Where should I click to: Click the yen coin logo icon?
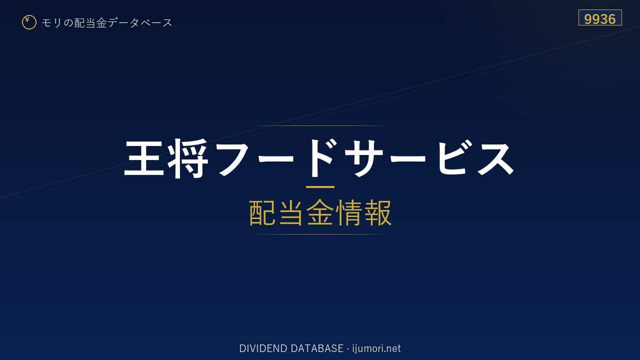(x=29, y=22)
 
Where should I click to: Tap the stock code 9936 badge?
(x=600, y=17)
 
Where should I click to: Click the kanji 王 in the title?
(x=144, y=158)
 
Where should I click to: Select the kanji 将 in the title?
(x=187, y=158)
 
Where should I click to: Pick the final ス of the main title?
(x=495, y=158)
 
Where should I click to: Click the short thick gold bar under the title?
(x=320, y=187)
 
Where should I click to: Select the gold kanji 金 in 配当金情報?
(x=320, y=212)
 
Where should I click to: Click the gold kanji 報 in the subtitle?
(x=377, y=212)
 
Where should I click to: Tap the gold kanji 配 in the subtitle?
(x=262, y=212)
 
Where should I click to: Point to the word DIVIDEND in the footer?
(x=263, y=348)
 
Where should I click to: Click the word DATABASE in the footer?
(x=317, y=348)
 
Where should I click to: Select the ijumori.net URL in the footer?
(x=376, y=349)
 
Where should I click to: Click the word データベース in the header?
(x=140, y=22)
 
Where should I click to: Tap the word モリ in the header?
(x=51, y=22)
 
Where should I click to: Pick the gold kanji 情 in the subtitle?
(x=348, y=212)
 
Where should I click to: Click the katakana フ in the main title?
(x=233, y=158)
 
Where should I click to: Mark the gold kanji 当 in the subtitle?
(x=291, y=212)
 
